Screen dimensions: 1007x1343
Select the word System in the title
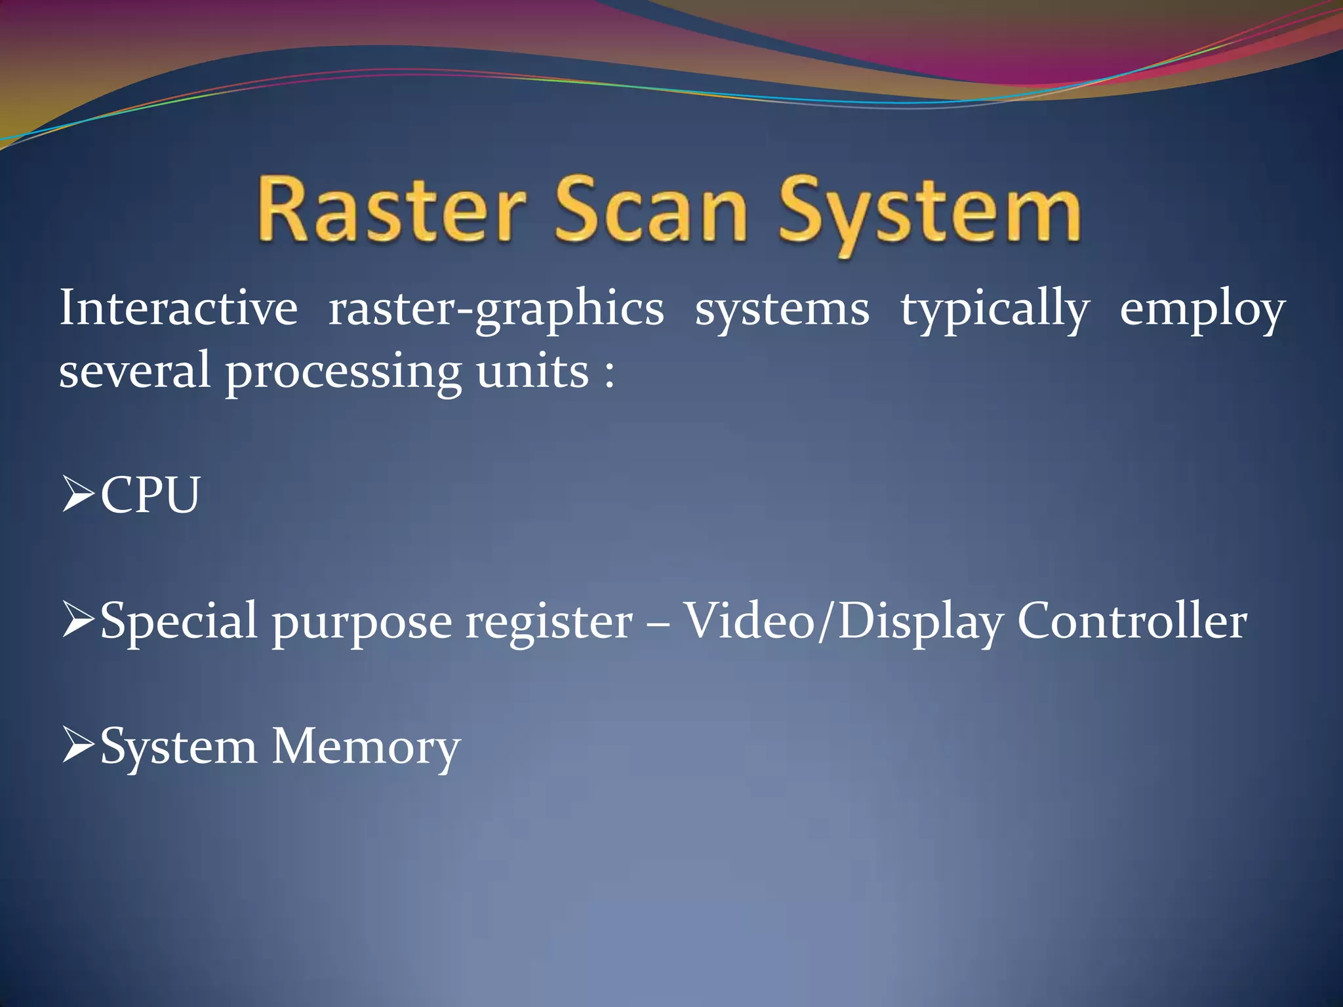929,213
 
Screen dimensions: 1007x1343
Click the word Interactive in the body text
178,308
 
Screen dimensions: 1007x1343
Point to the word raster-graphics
496,309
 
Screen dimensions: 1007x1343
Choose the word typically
994,309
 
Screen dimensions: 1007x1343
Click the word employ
1202,309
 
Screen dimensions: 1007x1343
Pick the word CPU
150,494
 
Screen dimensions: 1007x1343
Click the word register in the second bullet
549,622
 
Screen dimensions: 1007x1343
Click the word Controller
1132,620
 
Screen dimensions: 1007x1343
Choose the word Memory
366,747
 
